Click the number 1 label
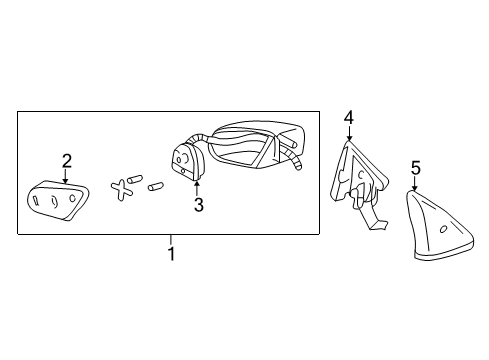point(171,254)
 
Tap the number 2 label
point(67,160)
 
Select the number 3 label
point(198,205)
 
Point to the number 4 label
point(348,117)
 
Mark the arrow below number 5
point(415,182)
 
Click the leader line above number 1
point(171,240)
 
